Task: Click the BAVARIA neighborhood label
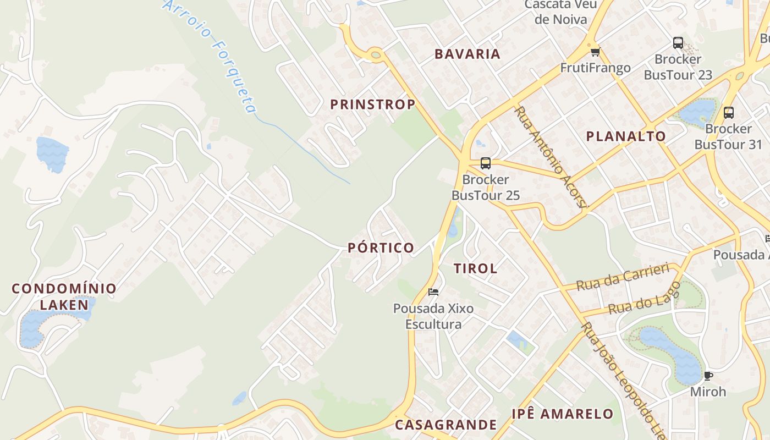pyautogui.click(x=468, y=54)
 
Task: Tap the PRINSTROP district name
pyautogui.click(x=372, y=105)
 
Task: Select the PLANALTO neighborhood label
pyautogui.click(x=626, y=136)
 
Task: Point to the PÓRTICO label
pyautogui.click(x=381, y=248)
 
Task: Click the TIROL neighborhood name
pyautogui.click(x=475, y=268)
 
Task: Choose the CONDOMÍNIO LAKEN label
pyautogui.click(x=64, y=296)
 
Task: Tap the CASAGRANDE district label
pyautogui.click(x=446, y=425)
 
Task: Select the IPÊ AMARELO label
pyautogui.click(x=562, y=414)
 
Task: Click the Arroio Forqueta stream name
pyautogui.click(x=212, y=55)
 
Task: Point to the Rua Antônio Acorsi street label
pyautogui.click(x=551, y=157)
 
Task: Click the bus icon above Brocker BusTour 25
pyautogui.click(x=485, y=163)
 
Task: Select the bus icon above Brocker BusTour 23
pyautogui.click(x=678, y=42)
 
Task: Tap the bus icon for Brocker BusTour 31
pyautogui.click(x=729, y=113)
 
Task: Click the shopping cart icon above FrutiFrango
pyautogui.click(x=595, y=52)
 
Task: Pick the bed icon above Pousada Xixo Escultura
pyautogui.click(x=433, y=292)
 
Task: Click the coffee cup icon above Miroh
pyautogui.click(x=708, y=376)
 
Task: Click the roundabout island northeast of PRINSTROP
pyautogui.click(x=376, y=54)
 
